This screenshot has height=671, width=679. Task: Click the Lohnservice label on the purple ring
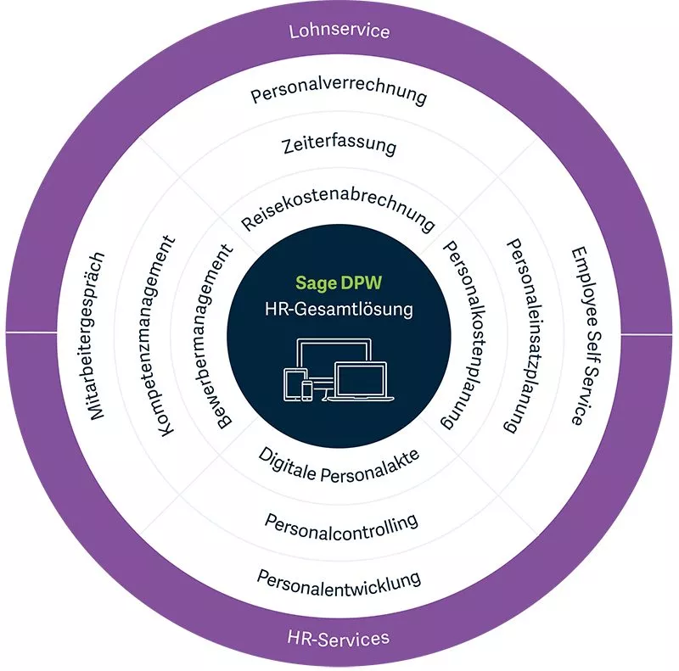click(339, 31)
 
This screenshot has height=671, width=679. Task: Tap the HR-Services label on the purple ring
click(338, 639)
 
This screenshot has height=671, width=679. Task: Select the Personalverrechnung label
click(339, 94)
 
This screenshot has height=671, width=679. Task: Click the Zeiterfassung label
click(339, 146)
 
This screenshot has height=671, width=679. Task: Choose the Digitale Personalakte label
click(339, 467)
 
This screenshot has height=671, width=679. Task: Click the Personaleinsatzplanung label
click(525, 336)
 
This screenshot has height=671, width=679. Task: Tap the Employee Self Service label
click(586, 337)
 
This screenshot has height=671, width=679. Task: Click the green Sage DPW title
click(339, 283)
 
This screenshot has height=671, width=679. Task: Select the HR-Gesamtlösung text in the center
click(339, 310)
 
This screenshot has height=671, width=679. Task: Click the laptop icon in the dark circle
click(361, 381)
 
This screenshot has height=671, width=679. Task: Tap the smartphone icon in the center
click(307, 391)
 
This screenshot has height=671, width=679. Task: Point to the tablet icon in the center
click(293, 384)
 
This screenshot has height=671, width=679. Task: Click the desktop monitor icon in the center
click(334, 350)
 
